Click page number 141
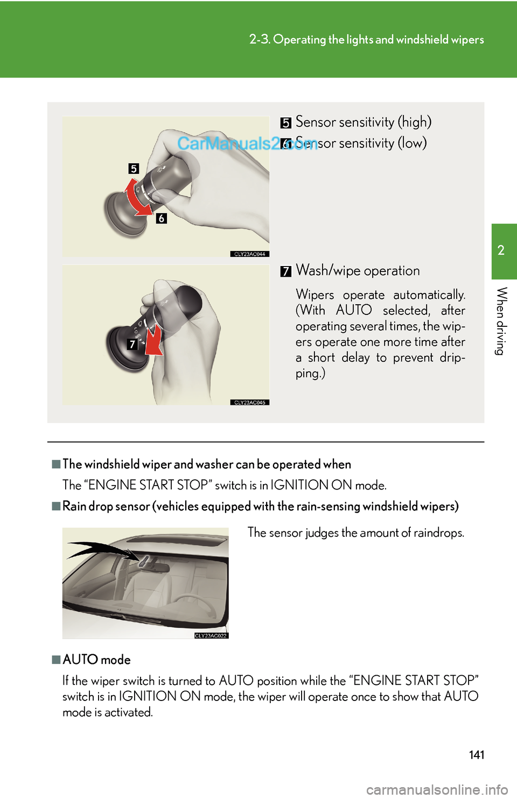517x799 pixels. click(x=477, y=755)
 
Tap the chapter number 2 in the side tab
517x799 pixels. click(x=501, y=250)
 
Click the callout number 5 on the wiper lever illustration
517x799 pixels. click(x=134, y=169)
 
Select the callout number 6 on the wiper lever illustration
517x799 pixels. click(x=161, y=218)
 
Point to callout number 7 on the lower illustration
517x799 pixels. click(x=132, y=344)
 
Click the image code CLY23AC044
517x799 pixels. click(x=250, y=254)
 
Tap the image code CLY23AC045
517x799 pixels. click(x=250, y=402)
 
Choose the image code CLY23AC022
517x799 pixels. click(x=211, y=636)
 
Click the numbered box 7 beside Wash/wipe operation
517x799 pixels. click(x=285, y=271)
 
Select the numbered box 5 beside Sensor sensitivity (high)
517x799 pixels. click(x=285, y=123)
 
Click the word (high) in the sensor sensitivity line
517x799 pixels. click(x=414, y=122)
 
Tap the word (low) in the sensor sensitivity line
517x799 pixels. click(x=412, y=143)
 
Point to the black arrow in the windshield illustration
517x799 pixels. click(x=102, y=550)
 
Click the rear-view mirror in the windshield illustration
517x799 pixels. click(x=156, y=565)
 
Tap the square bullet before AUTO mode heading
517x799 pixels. click(x=56, y=660)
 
